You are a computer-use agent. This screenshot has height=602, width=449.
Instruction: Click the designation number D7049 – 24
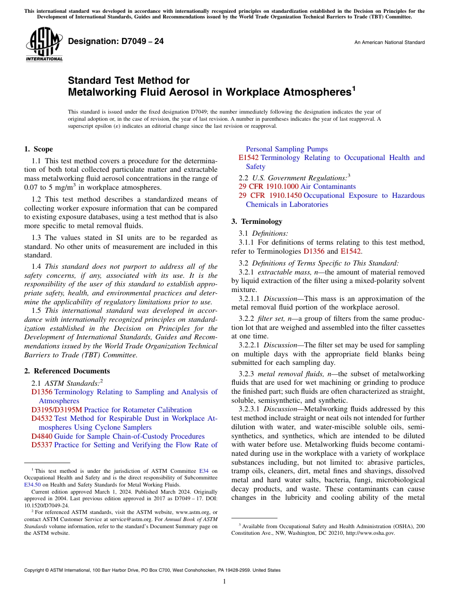point(116,42)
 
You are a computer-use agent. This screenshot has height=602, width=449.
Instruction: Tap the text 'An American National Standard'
point(389,43)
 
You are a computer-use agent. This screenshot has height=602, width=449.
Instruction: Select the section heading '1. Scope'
point(38,149)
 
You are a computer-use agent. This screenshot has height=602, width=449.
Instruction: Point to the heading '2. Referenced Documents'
point(67,371)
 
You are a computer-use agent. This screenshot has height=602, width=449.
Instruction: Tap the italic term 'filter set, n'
point(277,319)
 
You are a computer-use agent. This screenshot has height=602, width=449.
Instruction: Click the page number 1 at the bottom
point(224,582)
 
